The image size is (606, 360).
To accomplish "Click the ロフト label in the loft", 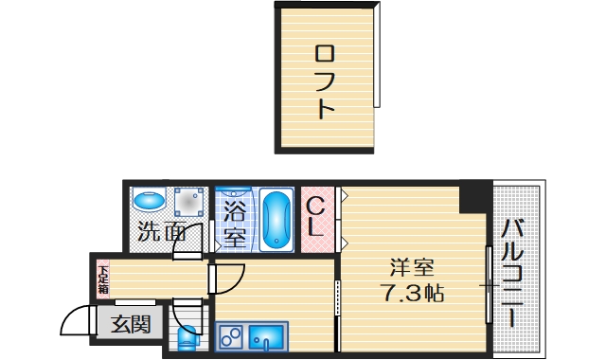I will (325, 81).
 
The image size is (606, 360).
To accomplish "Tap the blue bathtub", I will (276, 220).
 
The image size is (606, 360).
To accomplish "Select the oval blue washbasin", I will (149, 202).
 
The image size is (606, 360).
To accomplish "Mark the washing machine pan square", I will (188, 201).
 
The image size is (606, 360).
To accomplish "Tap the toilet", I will (187, 336).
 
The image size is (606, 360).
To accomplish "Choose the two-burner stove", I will (231, 335).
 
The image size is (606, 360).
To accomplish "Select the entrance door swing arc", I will (76, 322).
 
